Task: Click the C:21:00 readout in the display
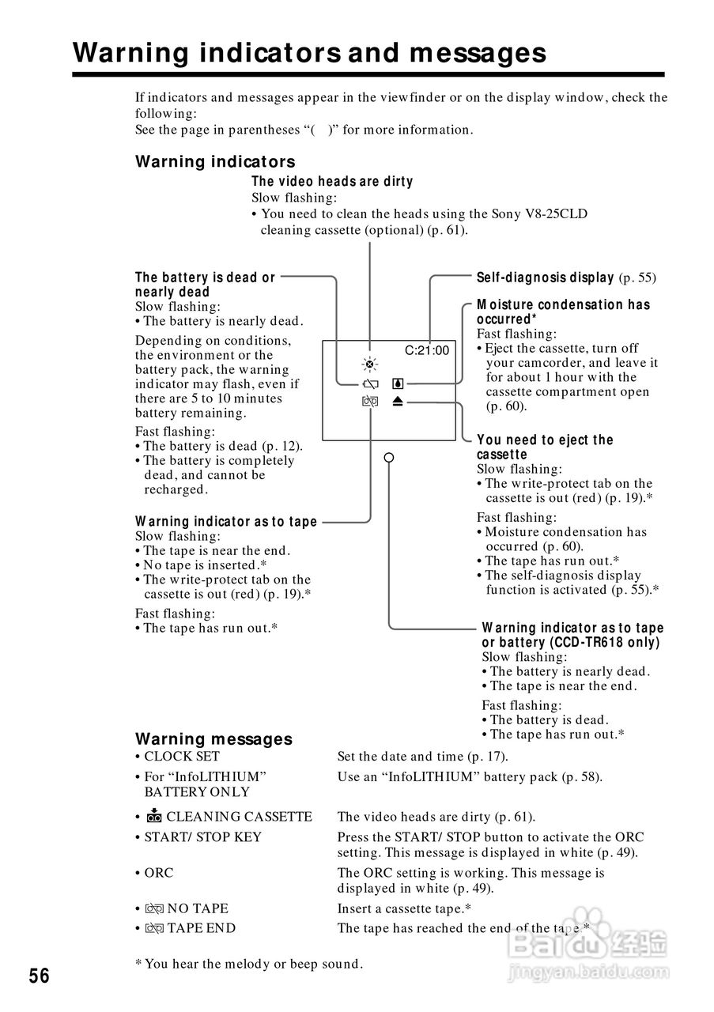pos(427,350)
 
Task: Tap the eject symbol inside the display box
pos(397,402)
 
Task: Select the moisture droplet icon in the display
pos(397,384)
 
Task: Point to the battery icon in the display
pos(369,384)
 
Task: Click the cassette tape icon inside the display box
pos(370,402)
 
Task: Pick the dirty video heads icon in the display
pos(369,364)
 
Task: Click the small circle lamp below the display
pos(388,458)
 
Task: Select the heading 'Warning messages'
pos(213,739)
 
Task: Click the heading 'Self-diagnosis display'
pos(545,278)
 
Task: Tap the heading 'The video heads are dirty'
pos(332,182)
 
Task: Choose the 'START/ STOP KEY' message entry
pos(202,837)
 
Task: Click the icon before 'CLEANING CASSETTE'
pos(153,817)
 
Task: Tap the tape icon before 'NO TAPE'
pos(153,909)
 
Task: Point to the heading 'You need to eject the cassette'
pos(545,447)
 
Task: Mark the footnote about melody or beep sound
pos(249,964)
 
